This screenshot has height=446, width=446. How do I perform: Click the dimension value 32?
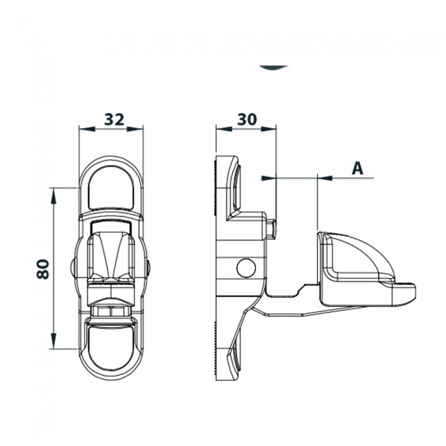pos(113,119)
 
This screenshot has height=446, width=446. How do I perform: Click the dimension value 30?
pos(246,119)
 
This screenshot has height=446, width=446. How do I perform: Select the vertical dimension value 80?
pos(43,268)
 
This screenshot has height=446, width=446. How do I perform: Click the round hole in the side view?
pos(245,268)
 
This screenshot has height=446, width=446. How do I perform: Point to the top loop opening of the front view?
pos(111,186)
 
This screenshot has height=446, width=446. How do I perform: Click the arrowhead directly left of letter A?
pos(325,178)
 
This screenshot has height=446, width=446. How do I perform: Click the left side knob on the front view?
pos(73,266)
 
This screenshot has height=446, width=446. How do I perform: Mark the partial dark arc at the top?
pos(274,67)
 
